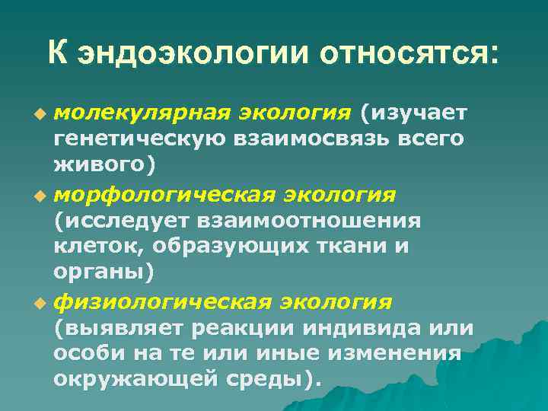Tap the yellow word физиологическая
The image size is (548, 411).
point(161,303)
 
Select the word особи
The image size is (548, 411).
point(84,354)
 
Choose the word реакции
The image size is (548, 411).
point(245,329)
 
